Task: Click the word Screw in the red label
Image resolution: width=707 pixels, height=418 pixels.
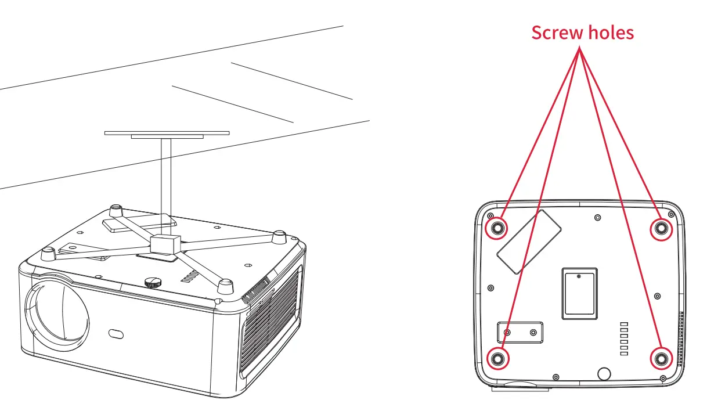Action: click(557, 33)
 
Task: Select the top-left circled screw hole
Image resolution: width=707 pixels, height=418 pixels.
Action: click(497, 229)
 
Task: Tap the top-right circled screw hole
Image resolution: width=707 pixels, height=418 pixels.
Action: click(660, 229)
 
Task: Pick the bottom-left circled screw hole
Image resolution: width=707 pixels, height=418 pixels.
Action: click(497, 359)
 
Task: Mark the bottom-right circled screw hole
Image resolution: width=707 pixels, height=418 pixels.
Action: click(660, 359)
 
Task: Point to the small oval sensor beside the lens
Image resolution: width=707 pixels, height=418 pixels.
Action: click(116, 334)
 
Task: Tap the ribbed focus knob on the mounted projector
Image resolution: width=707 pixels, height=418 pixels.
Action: click(152, 282)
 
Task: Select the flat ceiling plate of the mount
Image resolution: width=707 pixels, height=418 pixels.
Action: click(167, 134)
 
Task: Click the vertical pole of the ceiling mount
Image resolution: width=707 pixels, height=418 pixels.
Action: click(167, 186)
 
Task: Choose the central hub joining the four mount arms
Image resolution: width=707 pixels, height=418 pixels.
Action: click(165, 243)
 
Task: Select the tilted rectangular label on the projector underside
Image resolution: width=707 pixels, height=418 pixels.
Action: click(529, 242)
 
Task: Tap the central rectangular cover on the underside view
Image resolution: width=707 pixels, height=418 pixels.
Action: click(579, 293)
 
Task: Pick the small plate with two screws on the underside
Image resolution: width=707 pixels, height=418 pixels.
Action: click(520, 332)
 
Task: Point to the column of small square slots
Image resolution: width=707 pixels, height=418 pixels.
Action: click(625, 338)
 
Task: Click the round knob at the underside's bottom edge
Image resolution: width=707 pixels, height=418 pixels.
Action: click(604, 373)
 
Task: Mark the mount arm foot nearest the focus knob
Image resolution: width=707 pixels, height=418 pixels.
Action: click(225, 286)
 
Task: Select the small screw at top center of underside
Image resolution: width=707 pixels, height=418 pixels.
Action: click(598, 218)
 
